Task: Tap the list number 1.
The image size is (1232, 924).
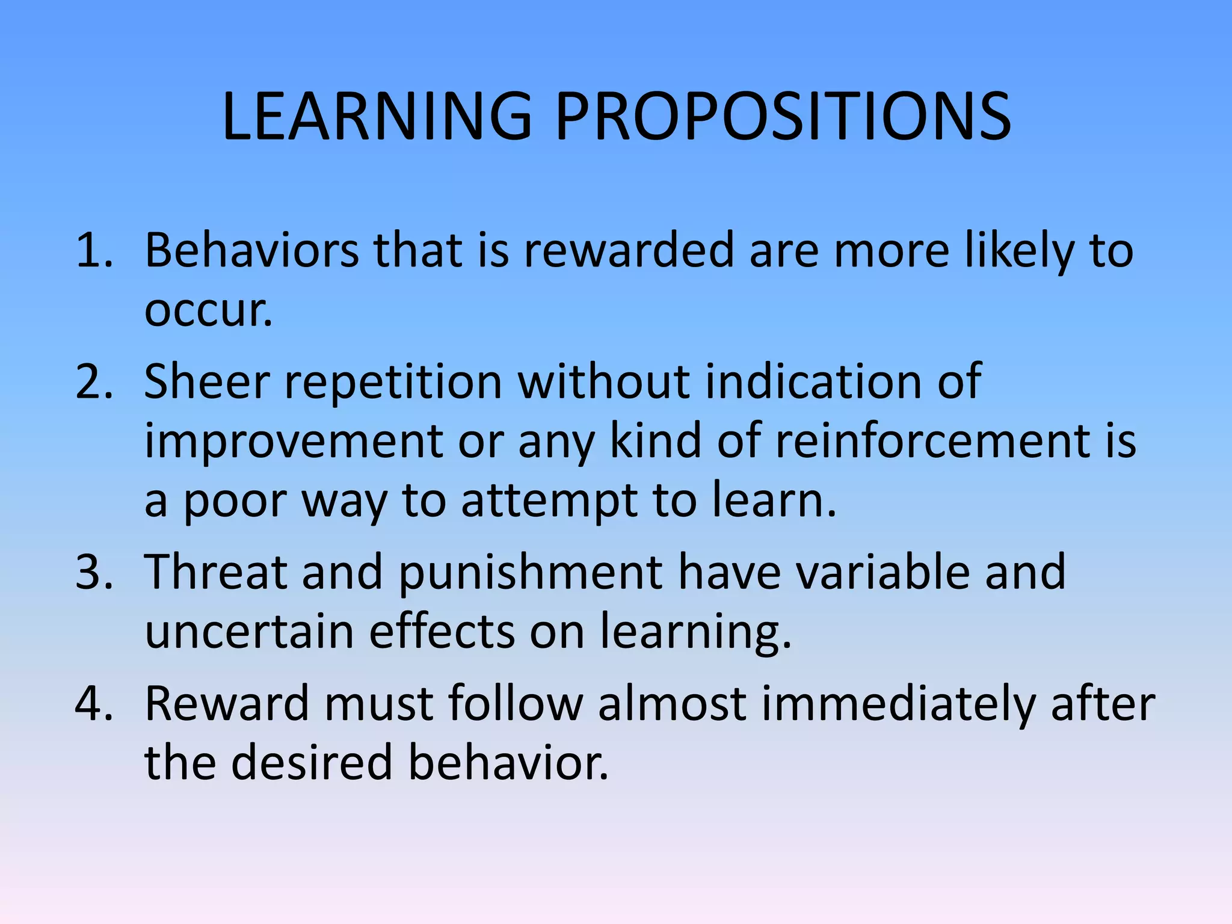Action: click(x=94, y=250)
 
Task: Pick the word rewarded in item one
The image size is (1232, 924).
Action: click(x=628, y=250)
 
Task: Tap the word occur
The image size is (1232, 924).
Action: click(x=208, y=312)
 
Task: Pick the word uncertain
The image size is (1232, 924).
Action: click(x=249, y=632)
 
